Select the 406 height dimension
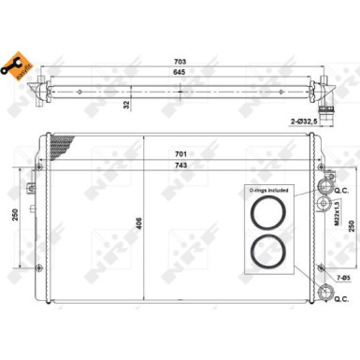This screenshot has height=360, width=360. click(138, 224)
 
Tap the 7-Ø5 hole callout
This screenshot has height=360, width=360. click(342, 278)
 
